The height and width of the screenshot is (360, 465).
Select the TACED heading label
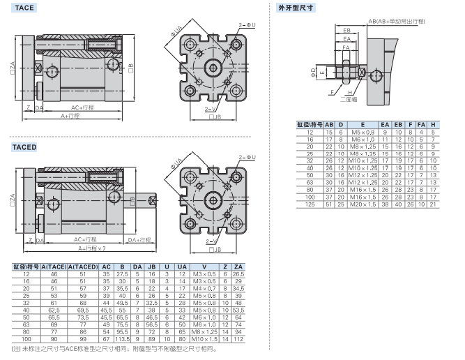click(x=24, y=148)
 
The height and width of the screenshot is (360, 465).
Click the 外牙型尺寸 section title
click(x=295, y=8)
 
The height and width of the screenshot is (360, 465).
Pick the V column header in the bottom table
click(x=204, y=267)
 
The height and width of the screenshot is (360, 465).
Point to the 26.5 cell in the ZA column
click(x=238, y=274)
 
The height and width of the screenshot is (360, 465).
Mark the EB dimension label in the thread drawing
click(x=346, y=30)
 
